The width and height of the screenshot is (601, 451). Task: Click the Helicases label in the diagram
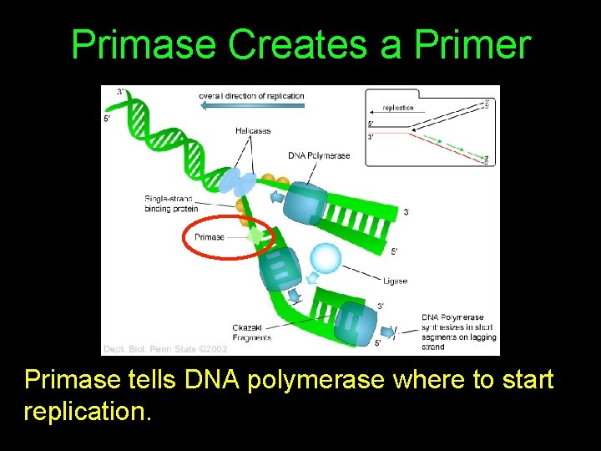(251, 129)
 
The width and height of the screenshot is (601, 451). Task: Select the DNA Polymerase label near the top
(319, 155)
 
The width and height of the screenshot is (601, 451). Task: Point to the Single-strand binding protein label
(171, 203)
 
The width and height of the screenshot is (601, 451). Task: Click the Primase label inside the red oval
(209, 237)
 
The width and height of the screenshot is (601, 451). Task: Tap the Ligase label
(396, 281)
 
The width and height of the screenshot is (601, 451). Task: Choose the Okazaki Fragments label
(252, 332)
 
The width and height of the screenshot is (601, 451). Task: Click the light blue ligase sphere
(325, 258)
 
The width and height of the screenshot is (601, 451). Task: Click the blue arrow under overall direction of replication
(251, 107)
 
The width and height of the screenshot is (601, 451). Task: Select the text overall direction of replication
(251, 95)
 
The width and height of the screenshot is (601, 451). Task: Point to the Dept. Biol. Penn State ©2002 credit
(164, 348)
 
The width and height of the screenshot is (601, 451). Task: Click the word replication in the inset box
(398, 108)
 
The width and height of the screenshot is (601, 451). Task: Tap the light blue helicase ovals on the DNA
(236, 181)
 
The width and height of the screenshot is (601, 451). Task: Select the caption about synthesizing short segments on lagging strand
(458, 332)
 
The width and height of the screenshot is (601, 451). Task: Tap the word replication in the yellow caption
(88, 412)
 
